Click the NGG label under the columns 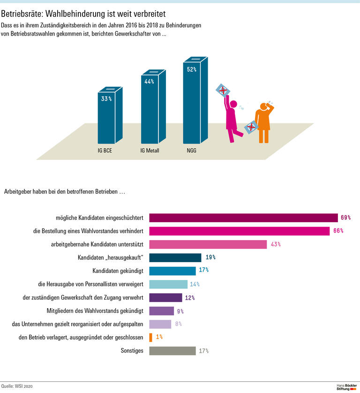(x=191, y=151)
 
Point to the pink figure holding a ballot (x=232, y=117)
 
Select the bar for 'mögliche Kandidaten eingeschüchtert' (x=243, y=218)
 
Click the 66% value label (x=338, y=231)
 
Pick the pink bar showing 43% (x=208, y=244)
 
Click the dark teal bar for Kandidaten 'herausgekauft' (x=175, y=257)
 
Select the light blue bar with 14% (x=168, y=284)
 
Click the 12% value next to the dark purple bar (x=189, y=297)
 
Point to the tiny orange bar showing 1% (x=150, y=337)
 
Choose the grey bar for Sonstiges (x=172, y=351)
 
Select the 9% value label (x=180, y=311)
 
